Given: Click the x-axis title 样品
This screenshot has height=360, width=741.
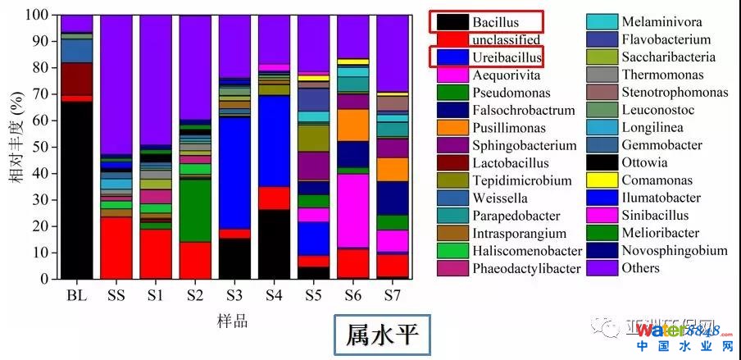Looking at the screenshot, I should point(234,321).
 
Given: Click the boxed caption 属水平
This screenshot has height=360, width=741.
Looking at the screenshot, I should point(382,335).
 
